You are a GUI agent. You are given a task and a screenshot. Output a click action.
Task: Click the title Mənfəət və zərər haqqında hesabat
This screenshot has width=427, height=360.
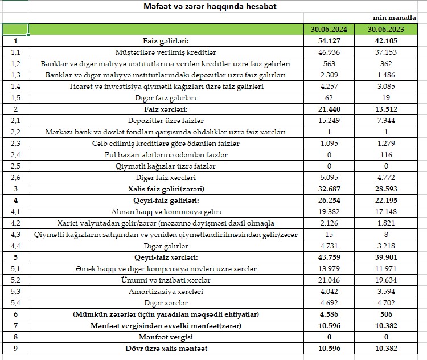click(213, 7)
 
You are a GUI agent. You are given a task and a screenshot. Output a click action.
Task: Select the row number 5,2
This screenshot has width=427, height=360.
click(15, 280)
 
